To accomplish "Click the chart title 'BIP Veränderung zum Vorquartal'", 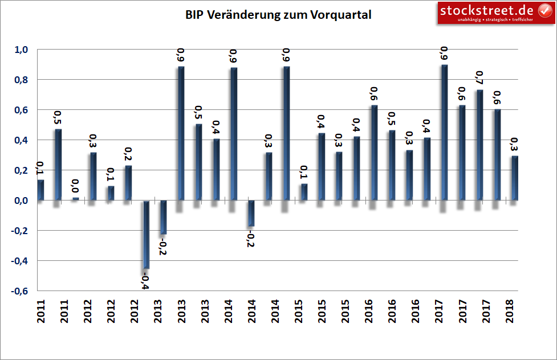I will click(278, 15).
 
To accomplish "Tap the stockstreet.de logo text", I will click(486, 10).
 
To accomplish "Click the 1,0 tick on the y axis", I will click(21, 50).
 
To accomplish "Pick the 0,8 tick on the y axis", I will click(21, 80).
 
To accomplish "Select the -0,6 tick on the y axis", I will click(19, 291).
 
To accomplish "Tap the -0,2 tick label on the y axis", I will click(19, 231).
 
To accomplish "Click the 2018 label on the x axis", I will click(509, 312).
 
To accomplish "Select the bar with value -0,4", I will click(146, 234).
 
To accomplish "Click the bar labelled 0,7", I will click(479, 145).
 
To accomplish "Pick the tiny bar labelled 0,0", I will click(76, 199).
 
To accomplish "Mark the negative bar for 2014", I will click(251, 214).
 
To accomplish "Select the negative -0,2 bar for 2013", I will click(163, 217).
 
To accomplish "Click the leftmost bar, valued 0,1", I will click(40, 190).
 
